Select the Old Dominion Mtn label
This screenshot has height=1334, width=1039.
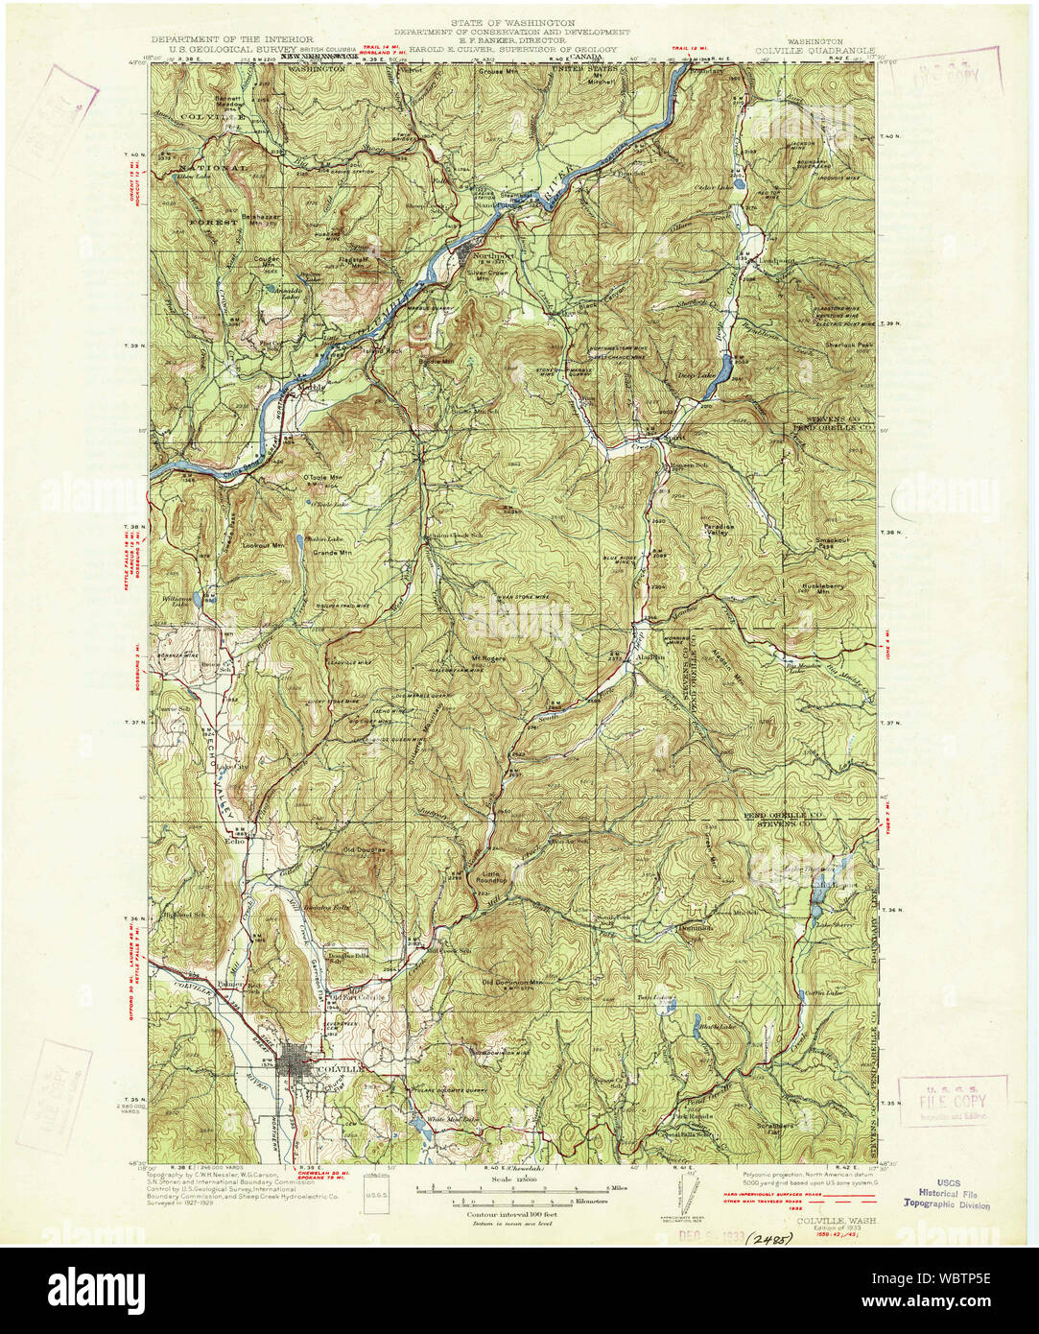511,983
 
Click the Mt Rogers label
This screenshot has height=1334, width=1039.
487,658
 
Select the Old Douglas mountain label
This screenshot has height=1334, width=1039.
363,849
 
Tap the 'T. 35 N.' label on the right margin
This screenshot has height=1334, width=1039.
890,1103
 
